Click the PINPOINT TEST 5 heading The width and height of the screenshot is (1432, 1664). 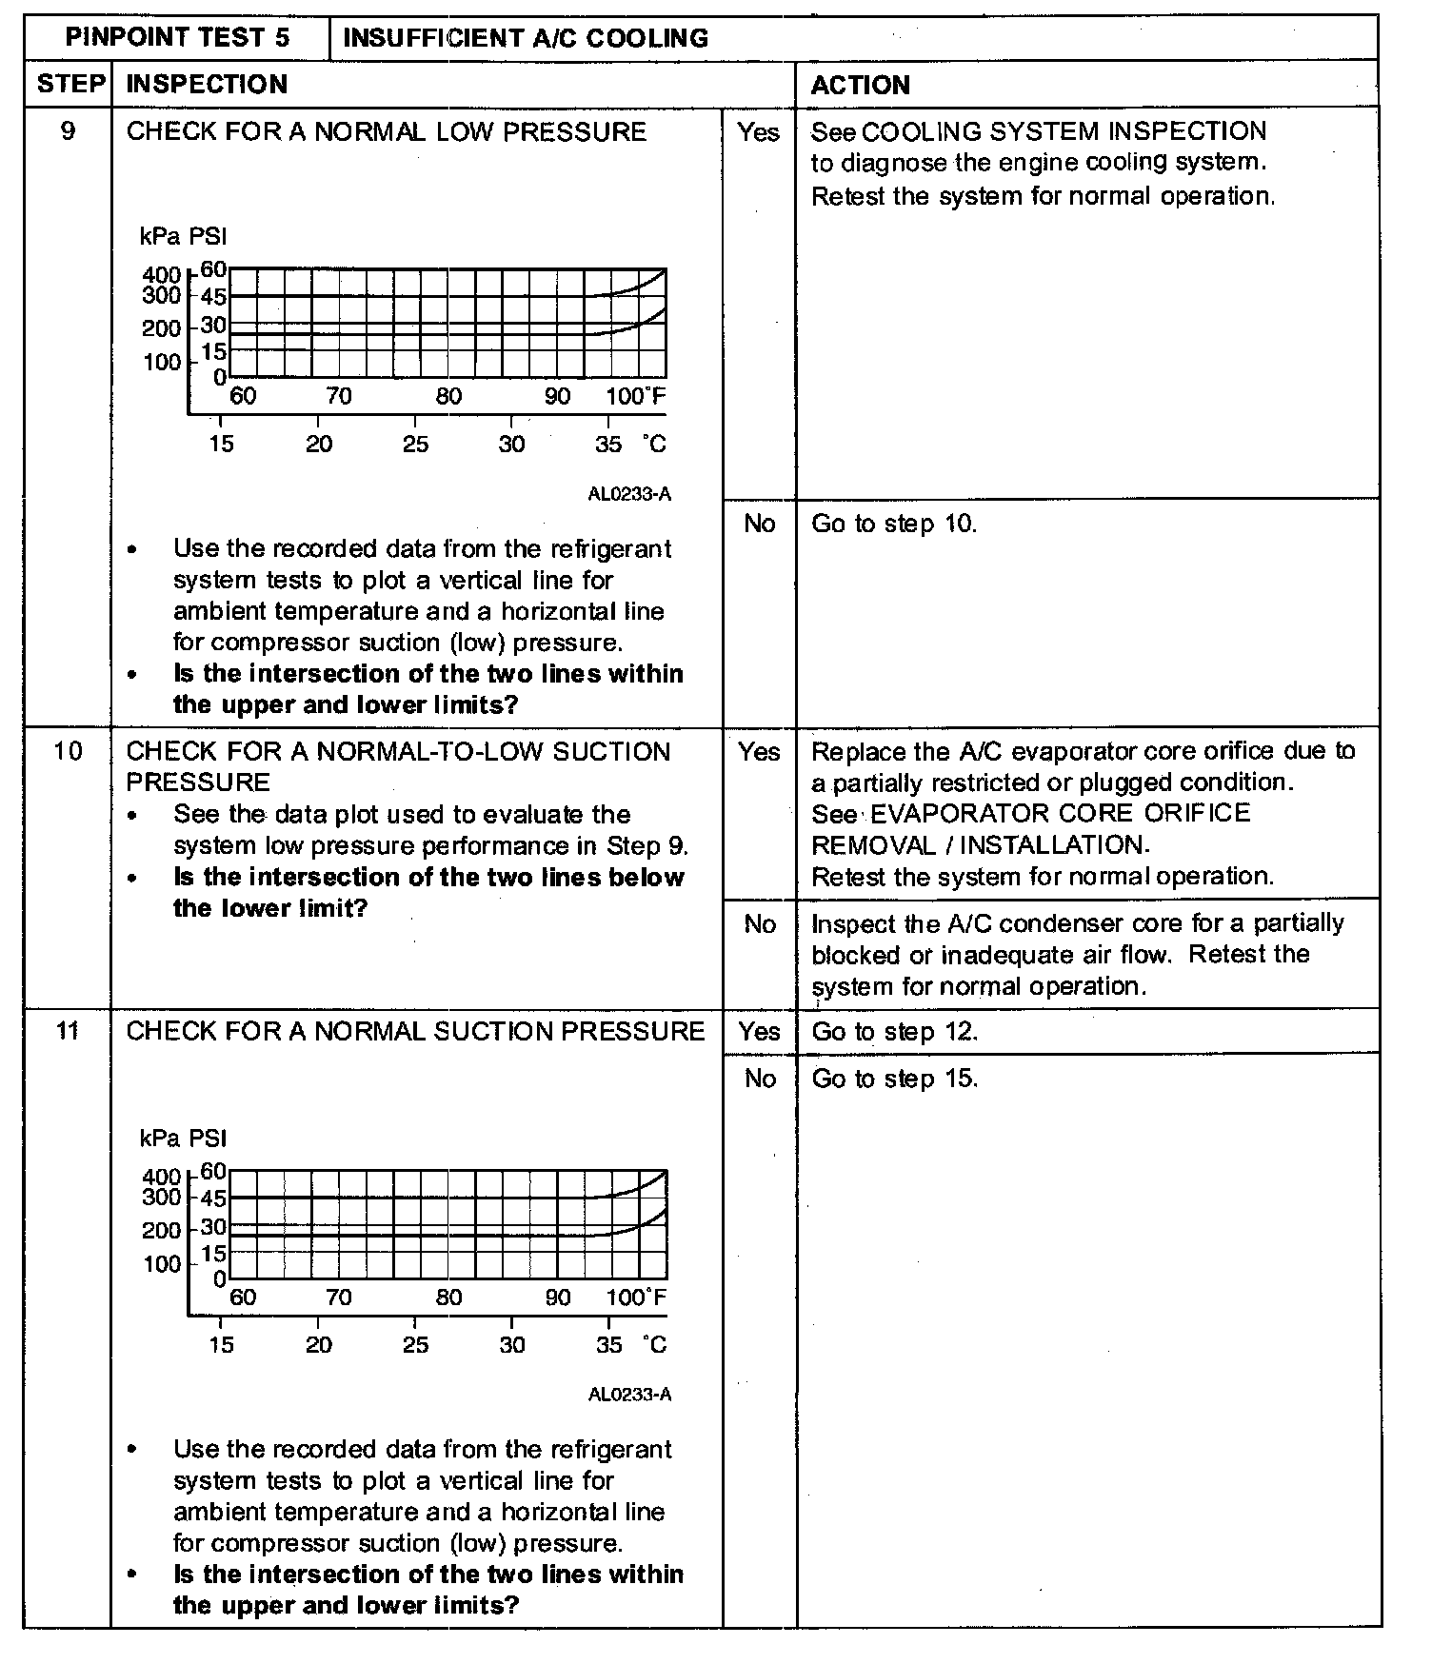177,38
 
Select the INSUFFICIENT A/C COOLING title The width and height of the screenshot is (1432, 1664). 525,39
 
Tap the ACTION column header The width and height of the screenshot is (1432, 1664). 860,85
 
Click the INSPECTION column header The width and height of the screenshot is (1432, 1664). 207,85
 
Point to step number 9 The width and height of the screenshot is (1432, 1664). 68,131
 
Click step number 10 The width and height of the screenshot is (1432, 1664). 68,751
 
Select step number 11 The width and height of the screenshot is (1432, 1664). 68,1031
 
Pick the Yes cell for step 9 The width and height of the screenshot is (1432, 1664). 759,132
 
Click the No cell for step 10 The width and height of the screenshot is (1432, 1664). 759,923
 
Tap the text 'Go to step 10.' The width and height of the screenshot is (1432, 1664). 894,524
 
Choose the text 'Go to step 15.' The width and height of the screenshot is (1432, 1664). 894,1079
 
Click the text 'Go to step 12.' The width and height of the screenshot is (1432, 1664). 894,1032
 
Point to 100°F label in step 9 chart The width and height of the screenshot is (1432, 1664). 635,396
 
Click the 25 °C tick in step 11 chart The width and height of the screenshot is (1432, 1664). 415,1345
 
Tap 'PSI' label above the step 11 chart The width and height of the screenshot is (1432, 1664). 208,1139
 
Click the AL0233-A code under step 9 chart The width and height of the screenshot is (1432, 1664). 629,494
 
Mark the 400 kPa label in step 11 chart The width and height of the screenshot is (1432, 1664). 161,1178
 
